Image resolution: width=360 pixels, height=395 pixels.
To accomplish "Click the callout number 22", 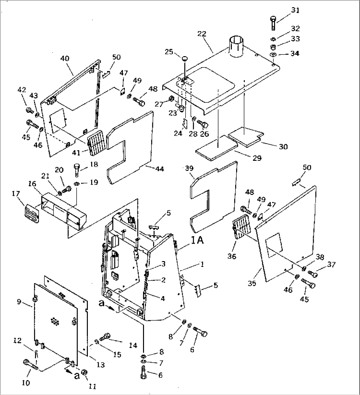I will [x=202, y=34].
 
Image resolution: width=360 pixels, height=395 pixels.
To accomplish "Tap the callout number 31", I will [x=295, y=11].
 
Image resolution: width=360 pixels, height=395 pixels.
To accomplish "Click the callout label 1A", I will [x=197, y=241].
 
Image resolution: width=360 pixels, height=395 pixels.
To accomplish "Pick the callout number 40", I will [x=65, y=58].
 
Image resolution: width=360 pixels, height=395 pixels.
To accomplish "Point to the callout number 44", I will [x=160, y=169].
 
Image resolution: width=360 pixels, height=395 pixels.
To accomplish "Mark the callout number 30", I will [x=283, y=147].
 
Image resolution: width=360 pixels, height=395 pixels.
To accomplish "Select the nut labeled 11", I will [x=84, y=373].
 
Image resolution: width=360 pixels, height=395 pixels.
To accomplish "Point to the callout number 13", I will [x=101, y=365].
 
